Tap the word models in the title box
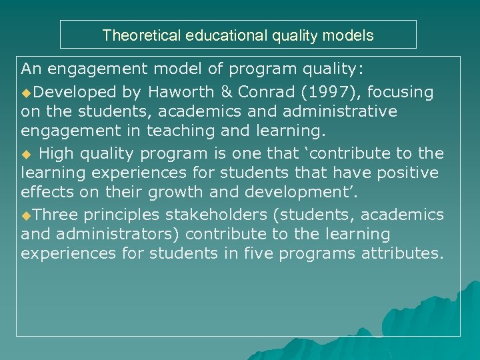coord(351,35)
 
